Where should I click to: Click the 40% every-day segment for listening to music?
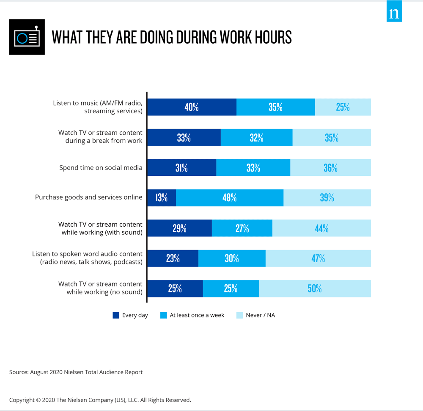coord(192,107)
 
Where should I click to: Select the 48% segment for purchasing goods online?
coord(230,198)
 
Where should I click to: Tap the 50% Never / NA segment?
coord(315,289)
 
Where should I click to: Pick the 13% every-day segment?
coord(162,198)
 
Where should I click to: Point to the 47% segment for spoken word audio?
coord(318,258)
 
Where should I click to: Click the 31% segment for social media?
coord(181,168)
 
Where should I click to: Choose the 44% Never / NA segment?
coord(321,228)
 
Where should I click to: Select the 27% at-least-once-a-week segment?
coord(242,228)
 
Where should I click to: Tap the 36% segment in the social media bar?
coord(330,168)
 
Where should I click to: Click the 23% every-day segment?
coord(173,258)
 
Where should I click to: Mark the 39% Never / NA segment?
coord(327,198)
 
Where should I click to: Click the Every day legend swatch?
coord(116,315)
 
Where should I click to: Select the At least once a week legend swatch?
coord(164,315)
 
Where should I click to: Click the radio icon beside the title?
coord(27,37)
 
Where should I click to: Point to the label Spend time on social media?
coord(101,168)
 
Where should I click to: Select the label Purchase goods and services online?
coord(88,197)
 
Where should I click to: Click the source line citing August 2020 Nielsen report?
coord(76,372)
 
